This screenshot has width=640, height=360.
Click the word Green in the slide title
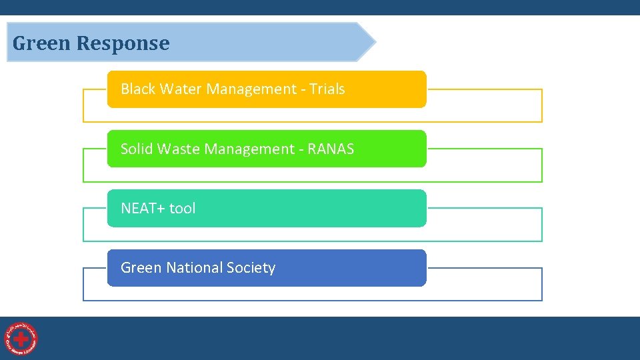[41, 43]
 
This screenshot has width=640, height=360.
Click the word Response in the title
[123, 43]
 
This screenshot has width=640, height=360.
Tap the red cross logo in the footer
[21, 339]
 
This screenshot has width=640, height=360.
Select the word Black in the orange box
[137, 89]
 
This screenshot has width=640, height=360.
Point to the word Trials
[327, 89]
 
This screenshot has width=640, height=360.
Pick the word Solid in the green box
[137, 149]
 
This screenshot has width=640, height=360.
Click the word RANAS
[331, 149]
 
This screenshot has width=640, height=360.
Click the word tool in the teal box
[182, 208]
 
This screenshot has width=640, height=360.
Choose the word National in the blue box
[193, 267]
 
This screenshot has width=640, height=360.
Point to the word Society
[250, 268]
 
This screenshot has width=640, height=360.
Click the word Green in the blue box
[141, 267]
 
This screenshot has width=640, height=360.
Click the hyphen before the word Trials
[303, 89]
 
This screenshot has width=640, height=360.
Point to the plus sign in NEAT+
[161, 209]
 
